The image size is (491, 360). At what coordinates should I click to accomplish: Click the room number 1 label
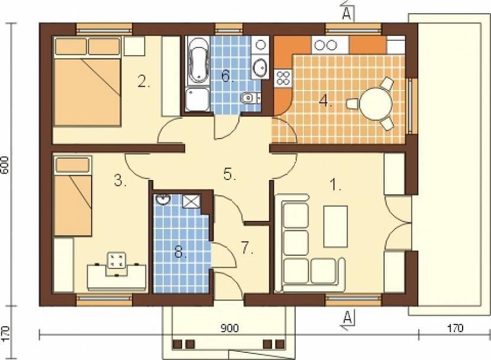335,185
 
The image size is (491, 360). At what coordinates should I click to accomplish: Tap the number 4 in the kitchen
325,101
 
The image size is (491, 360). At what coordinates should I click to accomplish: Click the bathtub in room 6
198,61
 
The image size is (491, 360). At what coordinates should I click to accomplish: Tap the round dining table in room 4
376,103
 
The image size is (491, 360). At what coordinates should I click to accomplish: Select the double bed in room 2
87,82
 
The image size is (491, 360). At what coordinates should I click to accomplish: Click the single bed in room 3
73,196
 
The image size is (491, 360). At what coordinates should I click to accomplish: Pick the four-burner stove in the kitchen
283,78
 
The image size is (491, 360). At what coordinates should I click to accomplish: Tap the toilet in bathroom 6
250,98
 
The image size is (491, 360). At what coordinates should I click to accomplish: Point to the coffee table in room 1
335,226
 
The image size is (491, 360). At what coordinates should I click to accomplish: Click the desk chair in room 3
117,264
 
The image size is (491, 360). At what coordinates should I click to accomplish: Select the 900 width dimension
230,328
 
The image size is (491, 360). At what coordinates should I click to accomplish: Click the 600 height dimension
5,165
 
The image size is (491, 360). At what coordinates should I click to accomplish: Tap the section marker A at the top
347,13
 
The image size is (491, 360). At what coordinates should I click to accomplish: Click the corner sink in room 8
163,200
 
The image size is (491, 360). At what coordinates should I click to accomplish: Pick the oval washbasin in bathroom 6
260,67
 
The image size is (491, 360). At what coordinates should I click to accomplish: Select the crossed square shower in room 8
191,201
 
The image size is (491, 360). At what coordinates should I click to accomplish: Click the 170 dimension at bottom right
454,328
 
